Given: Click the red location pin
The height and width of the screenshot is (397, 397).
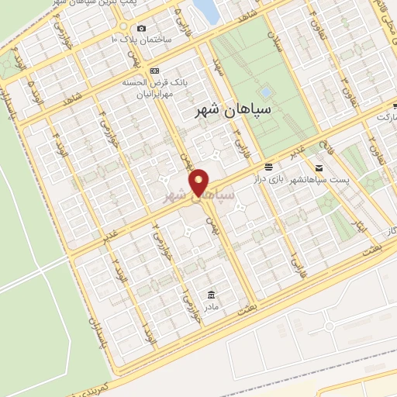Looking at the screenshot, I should click(199, 182).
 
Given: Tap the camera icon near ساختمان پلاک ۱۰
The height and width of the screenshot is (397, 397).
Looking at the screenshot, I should click(140, 29).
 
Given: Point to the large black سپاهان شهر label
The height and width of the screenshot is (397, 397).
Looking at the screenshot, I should click(233, 110).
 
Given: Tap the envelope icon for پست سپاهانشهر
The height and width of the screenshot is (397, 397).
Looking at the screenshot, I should click(319, 167).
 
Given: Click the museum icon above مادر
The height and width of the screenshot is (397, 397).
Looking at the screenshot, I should click(211, 295).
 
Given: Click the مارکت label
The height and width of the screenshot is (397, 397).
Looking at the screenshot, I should click(385, 116).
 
